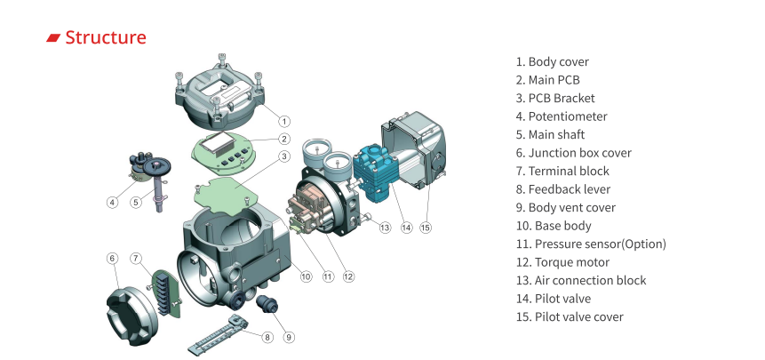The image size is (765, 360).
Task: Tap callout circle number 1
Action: point(283,120)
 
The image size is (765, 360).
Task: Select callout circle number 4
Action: point(112,203)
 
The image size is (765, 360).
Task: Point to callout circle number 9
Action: point(288,336)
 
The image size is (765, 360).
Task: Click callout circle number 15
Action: point(426,228)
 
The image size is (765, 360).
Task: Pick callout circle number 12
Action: point(348,276)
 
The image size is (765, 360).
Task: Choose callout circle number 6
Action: point(112,258)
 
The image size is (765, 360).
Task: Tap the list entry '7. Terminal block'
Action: point(562,171)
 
